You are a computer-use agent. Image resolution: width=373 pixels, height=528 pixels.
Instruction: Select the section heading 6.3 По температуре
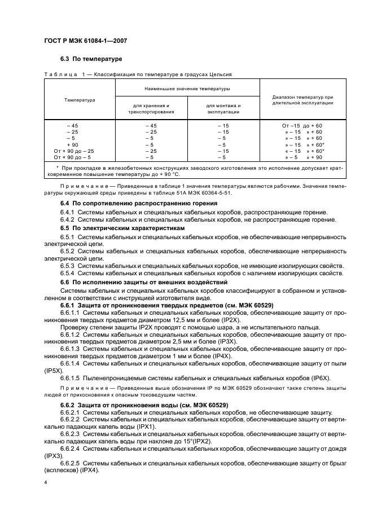[x=91, y=59]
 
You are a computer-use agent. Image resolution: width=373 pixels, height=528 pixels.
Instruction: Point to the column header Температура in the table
[x=80, y=100]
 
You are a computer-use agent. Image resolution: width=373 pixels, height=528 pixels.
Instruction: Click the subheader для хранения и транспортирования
[x=151, y=109]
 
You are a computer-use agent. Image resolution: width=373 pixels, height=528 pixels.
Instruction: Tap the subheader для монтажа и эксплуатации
[x=223, y=109]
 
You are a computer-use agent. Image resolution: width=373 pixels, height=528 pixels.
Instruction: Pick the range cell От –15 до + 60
[x=302, y=126]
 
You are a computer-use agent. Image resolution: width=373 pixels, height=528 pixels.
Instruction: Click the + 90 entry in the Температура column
[x=72, y=145]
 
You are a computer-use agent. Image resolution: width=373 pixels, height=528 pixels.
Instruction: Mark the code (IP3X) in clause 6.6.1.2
[x=208, y=342]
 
